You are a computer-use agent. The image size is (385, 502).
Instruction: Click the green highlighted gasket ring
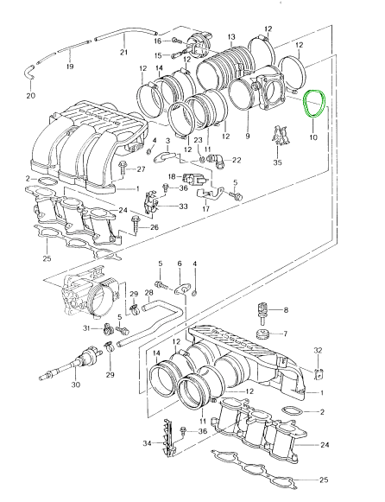tap(305, 105)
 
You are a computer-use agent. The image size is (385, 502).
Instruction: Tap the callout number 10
tap(313, 137)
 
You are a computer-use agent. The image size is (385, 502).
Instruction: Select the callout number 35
tap(277, 162)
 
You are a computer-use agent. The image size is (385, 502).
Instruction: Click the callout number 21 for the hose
tap(123, 52)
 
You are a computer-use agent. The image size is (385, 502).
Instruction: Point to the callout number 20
tap(31, 95)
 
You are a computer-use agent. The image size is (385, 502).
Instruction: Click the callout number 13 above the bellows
tap(231, 37)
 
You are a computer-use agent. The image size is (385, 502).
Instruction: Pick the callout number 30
tap(75, 384)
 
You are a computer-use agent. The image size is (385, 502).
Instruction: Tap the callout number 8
tap(286, 309)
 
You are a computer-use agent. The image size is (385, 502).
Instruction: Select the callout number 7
tap(285, 334)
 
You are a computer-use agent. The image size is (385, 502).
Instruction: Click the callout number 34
tap(147, 443)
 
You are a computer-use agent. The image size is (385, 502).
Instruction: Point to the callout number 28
tap(149, 293)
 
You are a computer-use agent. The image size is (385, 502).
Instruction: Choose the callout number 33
tap(183, 207)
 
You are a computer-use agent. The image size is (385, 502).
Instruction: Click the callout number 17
tap(206, 209)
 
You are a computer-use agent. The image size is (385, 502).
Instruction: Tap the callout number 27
tap(141, 169)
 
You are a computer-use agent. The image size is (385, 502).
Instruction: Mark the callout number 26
tap(155, 227)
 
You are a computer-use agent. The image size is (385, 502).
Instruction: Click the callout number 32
tap(318, 351)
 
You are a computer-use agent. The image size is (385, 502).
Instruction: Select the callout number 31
tap(87, 328)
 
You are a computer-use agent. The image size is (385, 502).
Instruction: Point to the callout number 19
tap(70, 67)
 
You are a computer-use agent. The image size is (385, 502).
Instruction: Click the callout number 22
tap(237, 160)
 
